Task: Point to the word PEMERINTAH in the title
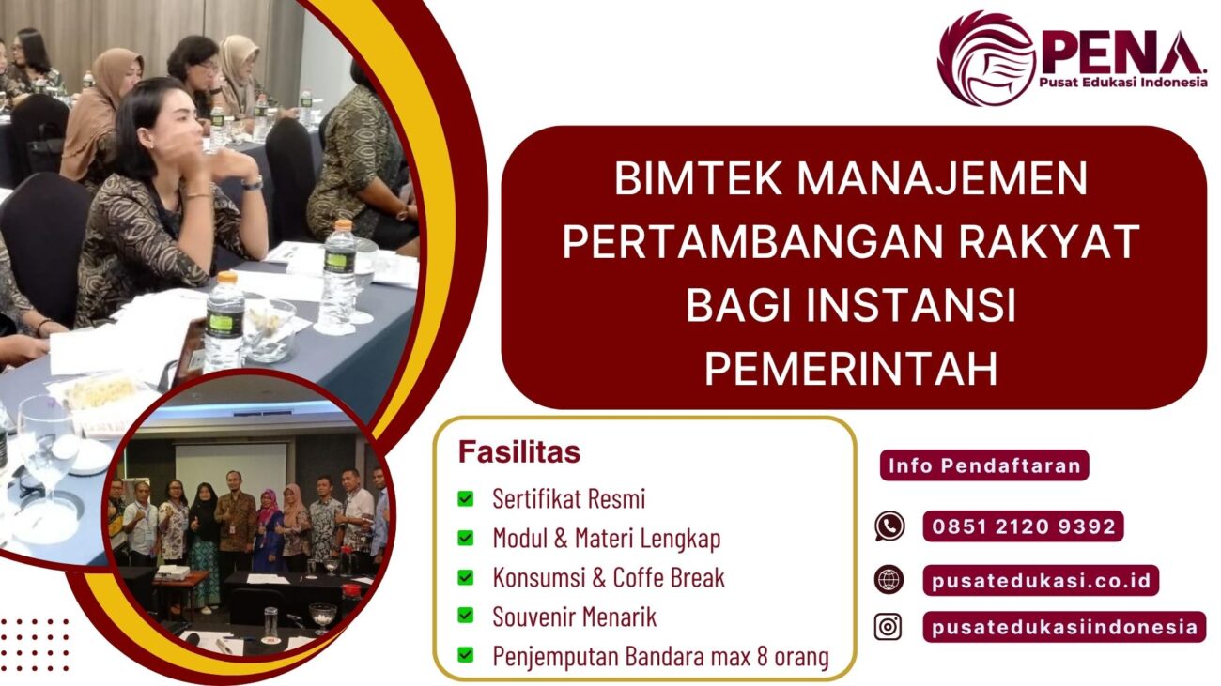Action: point(852,369)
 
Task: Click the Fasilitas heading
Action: point(519,452)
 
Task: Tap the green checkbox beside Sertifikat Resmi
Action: point(466,499)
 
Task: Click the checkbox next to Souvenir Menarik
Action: point(466,617)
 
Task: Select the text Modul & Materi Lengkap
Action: point(607,539)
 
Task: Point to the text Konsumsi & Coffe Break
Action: point(609,577)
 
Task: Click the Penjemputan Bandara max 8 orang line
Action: point(660,657)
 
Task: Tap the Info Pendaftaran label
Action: point(984,465)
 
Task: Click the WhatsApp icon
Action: point(889,526)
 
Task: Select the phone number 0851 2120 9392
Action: point(1023,526)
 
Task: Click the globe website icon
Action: point(889,579)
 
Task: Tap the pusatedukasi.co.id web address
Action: point(1041,580)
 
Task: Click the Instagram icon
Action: point(889,626)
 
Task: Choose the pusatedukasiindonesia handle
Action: point(1064,627)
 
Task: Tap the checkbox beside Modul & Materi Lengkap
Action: point(466,539)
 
